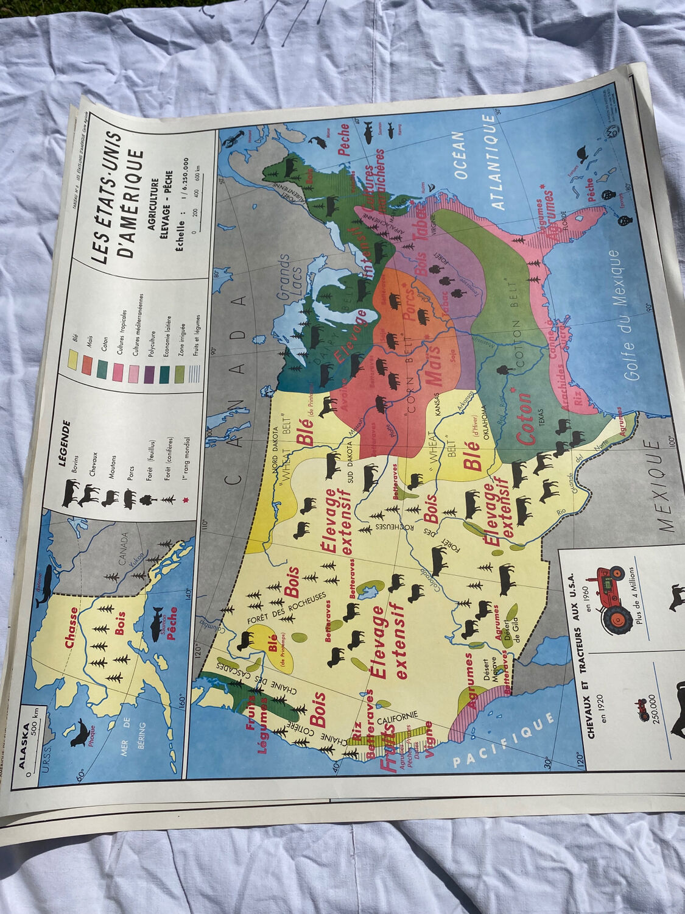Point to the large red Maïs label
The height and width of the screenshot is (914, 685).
coord(434,364)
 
